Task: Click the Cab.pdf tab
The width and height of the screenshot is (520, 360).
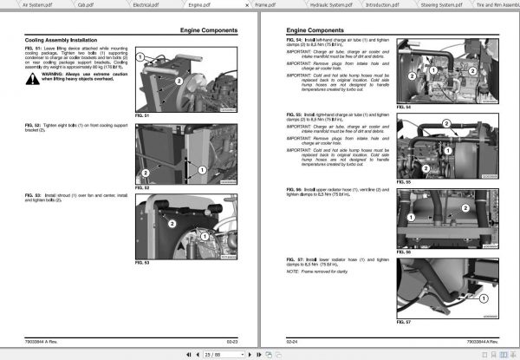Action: [88, 5]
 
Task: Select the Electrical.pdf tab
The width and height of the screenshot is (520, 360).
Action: [140, 5]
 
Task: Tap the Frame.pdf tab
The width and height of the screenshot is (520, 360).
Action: [266, 5]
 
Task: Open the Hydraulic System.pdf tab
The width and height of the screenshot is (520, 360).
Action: [328, 5]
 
